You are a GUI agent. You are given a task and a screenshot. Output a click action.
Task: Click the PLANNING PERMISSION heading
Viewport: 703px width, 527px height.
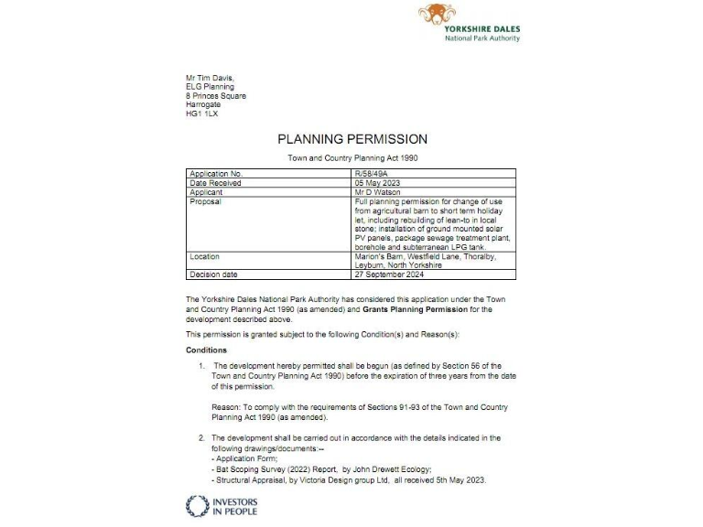coord(352,139)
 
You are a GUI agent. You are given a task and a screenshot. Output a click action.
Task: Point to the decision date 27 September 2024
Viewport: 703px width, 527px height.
coord(389,274)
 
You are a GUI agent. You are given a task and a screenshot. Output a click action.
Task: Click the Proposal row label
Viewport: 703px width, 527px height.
coord(205,200)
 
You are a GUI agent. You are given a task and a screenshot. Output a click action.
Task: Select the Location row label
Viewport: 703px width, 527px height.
coord(205,257)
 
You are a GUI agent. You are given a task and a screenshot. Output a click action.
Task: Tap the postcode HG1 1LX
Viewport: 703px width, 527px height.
coord(201,113)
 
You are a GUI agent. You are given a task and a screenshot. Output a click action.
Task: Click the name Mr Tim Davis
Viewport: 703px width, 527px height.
coord(209,79)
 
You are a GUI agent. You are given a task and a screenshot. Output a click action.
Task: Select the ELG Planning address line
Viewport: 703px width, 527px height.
coord(211,87)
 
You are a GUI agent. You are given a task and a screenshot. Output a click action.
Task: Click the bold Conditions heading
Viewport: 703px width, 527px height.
coord(207,350)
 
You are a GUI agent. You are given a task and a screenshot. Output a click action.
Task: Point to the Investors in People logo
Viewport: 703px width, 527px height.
coord(222,506)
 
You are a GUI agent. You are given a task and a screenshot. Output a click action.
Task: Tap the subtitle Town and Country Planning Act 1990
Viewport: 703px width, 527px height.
coord(352,158)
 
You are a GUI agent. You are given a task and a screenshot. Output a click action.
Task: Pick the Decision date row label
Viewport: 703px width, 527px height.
coord(214,274)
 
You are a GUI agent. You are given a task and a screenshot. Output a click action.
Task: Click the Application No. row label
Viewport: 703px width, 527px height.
coord(216,173)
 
